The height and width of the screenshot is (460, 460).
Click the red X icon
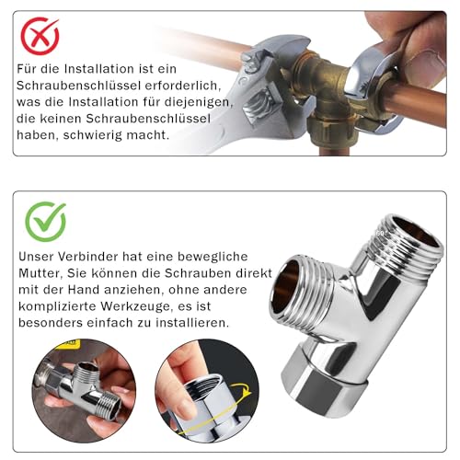[40, 36]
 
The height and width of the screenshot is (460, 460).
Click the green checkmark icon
[45, 220]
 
